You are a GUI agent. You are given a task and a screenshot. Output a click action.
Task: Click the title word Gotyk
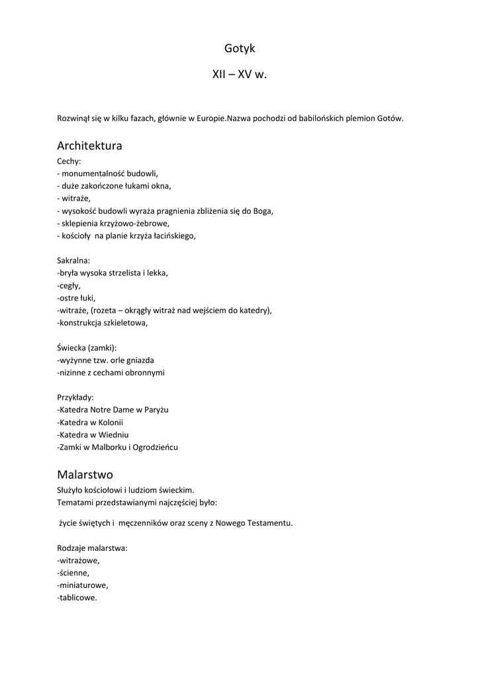[x=240, y=48]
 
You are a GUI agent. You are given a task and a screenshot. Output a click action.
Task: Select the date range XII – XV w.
[x=240, y=75]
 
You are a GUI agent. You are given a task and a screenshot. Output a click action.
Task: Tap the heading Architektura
[x=89, y=145]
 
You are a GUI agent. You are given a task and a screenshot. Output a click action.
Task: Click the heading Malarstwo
[x=85, y=475]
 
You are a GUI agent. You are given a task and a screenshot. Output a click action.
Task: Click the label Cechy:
[x=69, y=161]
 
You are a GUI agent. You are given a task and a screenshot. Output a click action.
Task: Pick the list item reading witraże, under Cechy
[x=74, y=198]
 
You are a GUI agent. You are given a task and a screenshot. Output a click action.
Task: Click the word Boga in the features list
[x=263, y=211]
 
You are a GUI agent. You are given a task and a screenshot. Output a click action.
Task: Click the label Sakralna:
[x=73, y=260]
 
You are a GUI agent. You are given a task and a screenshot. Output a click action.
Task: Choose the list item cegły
[x=69, y=285]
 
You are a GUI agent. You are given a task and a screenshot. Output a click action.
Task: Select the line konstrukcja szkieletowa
[x=103, y=322]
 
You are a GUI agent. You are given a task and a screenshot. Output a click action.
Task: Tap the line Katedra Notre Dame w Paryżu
[x=113, y=410]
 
